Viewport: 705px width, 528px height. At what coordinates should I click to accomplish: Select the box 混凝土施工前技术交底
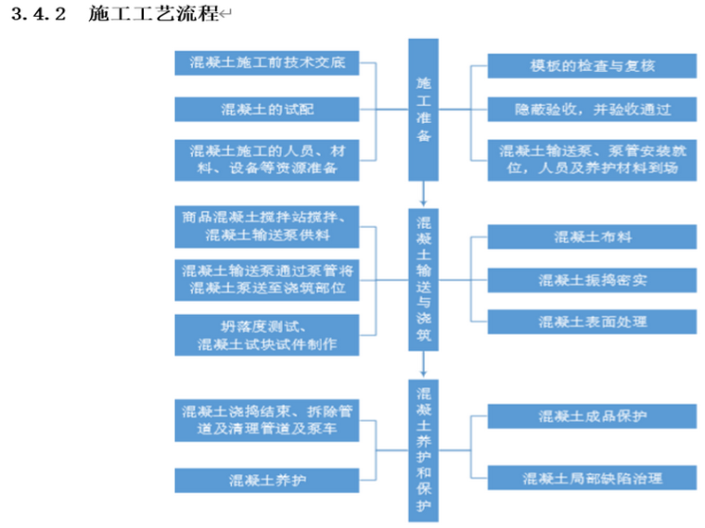(267, 64)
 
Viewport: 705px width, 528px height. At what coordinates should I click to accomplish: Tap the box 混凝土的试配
(267, 109)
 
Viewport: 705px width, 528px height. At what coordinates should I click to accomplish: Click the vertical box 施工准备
(423, 109)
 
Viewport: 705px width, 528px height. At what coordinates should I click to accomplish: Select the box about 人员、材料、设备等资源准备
(267, 159)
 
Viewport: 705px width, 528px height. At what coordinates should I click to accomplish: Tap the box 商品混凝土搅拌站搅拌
(267, 227)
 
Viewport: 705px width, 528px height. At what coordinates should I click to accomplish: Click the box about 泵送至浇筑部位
(267, 279)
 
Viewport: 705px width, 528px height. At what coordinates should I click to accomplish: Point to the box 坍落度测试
(267, 334)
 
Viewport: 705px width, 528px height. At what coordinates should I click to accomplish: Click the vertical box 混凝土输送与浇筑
(423, 279)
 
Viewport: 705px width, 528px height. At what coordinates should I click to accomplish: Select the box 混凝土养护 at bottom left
(267, 480)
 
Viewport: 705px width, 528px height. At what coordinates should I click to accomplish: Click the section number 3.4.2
(39, 17)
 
